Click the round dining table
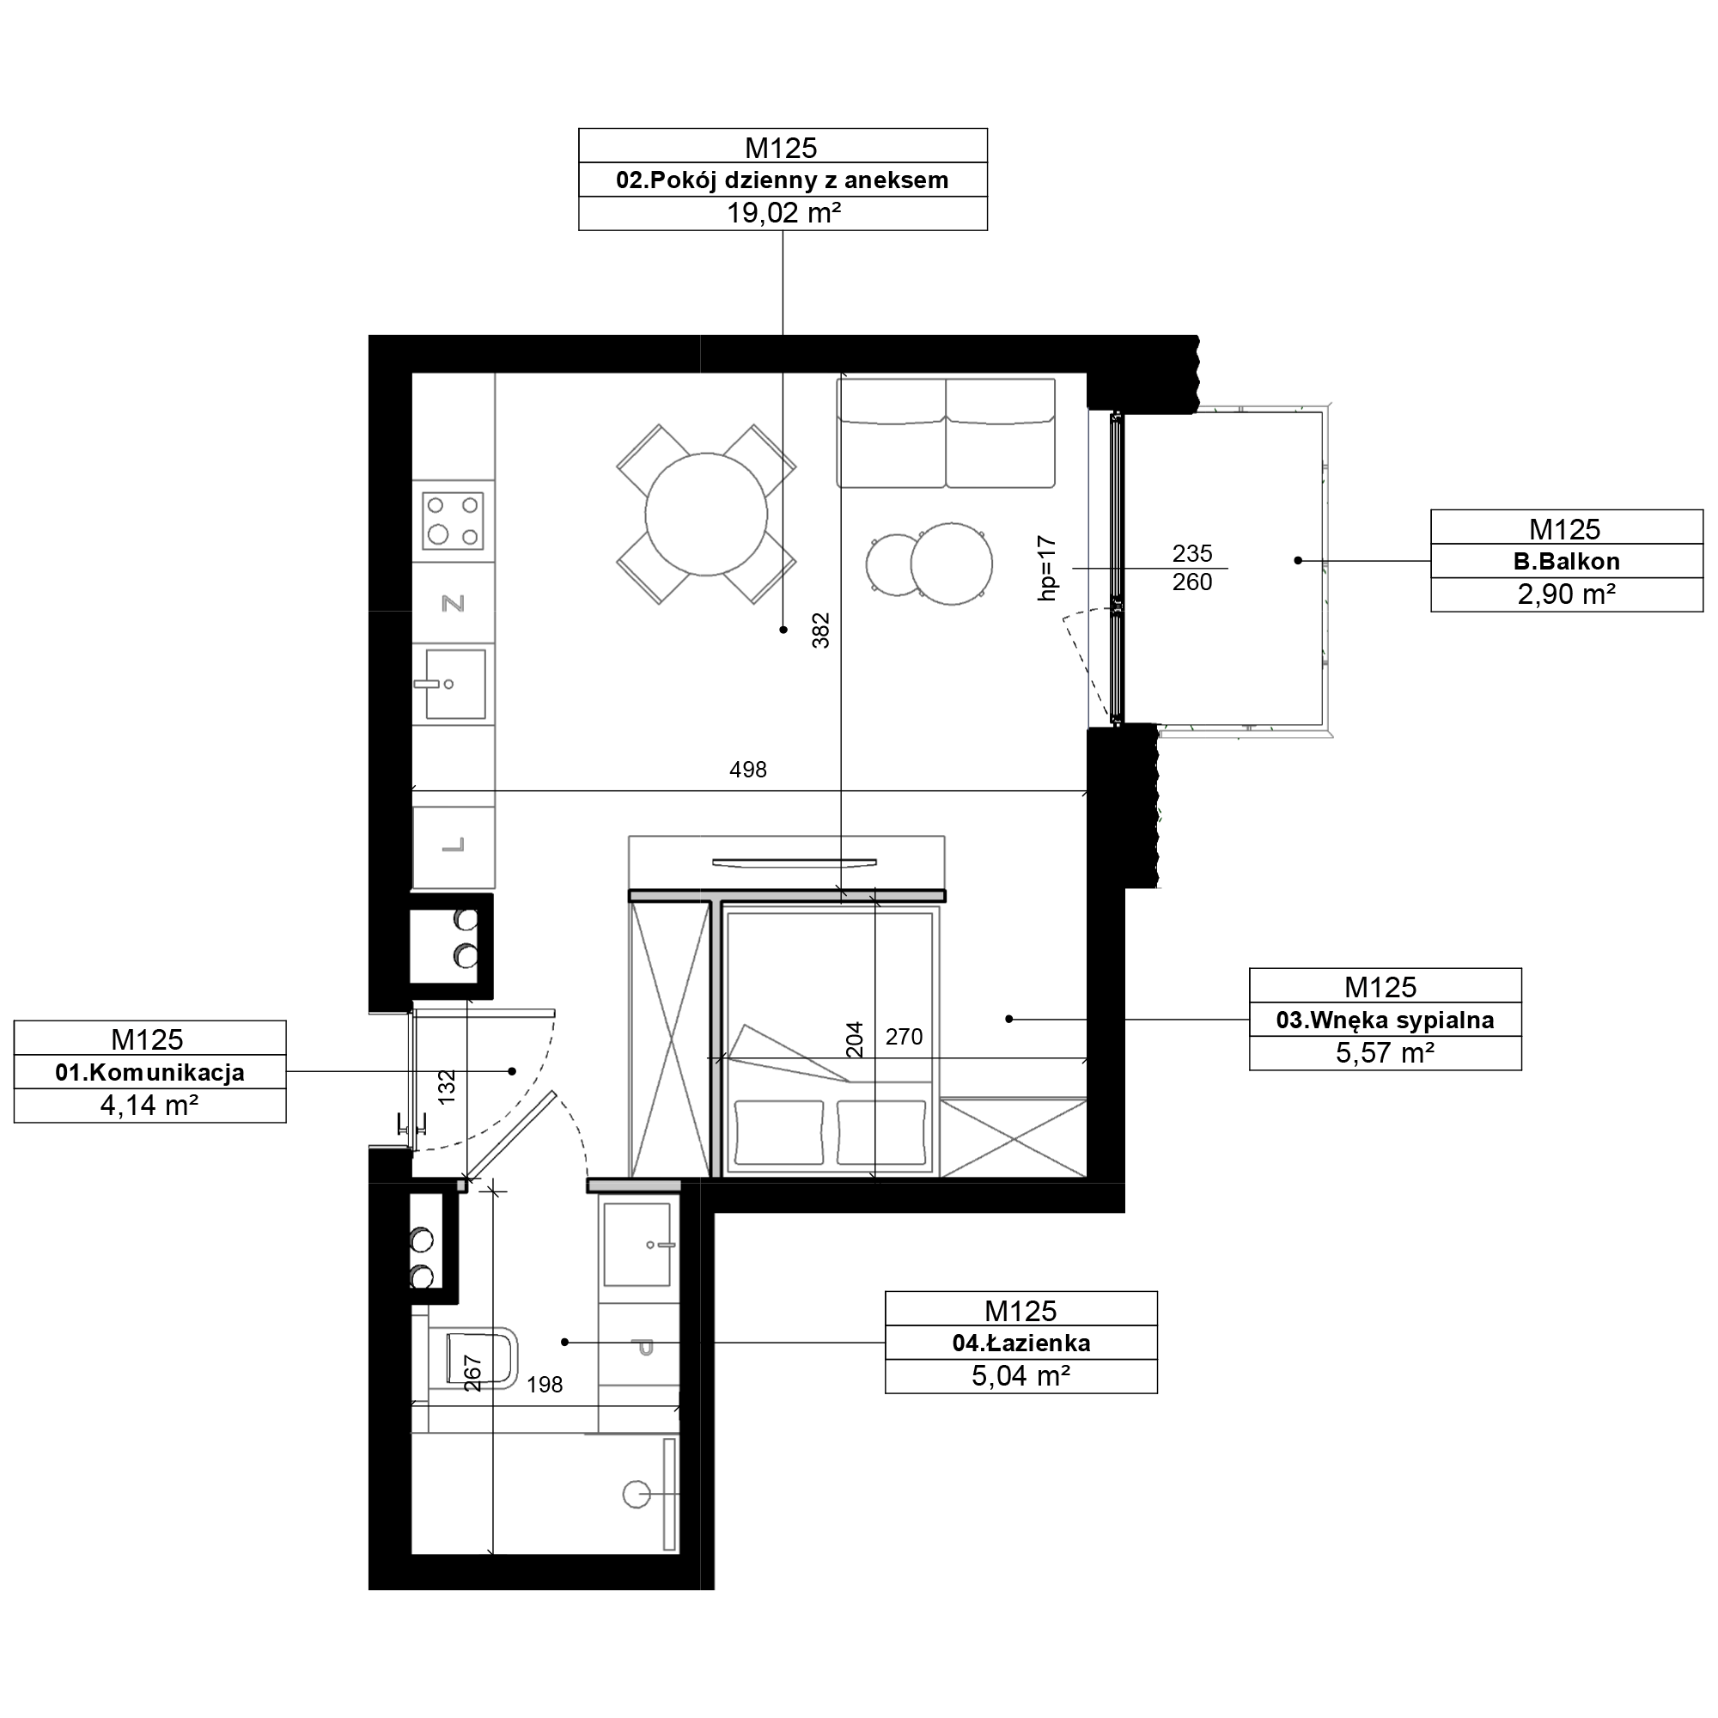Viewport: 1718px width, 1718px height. click(706, 514)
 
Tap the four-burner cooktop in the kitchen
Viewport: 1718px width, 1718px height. click(453, 521)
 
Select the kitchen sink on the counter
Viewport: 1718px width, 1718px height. click(454, 684)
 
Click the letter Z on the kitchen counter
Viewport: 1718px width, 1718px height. click(454, 604)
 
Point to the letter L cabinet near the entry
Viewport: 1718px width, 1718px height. click(454, 844)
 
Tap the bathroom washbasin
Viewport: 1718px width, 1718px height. click(637, 1244)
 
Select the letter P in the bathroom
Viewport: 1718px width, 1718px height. click(646, 1348)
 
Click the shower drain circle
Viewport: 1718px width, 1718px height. click(637, 1494)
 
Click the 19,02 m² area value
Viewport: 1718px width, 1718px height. click(783, 213)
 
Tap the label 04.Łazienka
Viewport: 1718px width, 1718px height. click(1020, 1343)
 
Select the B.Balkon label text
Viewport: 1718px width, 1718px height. click(1566, 561)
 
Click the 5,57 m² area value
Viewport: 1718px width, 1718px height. click(1385, 1053)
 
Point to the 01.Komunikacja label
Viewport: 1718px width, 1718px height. click(149, 1072)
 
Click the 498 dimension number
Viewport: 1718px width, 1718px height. click(748, 770)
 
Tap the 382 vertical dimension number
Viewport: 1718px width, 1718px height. click(820, 630)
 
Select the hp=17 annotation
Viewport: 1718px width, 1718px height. click(1046, 568)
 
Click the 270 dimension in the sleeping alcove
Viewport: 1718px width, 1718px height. click(905, 1037)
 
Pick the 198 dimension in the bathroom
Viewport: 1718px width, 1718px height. click(545, 1385)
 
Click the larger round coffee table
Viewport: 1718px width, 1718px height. click(952, 564)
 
